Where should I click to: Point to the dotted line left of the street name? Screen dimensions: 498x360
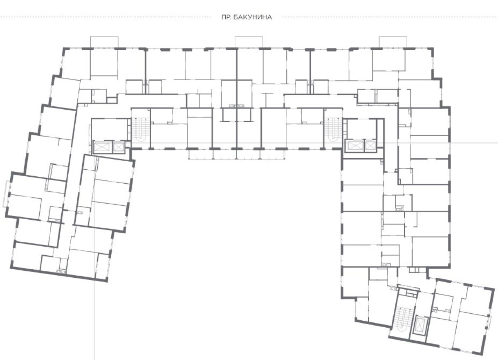click(105, 17)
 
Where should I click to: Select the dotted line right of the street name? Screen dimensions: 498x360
click(390, 17)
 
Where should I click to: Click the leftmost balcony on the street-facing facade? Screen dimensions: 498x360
click(104, 42)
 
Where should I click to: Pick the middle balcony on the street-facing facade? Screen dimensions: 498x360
click(249, 42)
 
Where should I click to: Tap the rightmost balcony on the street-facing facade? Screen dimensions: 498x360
click(393, 42)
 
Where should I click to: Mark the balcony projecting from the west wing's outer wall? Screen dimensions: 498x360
click(6, 194)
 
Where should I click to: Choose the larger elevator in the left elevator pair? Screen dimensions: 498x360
click(102, 147)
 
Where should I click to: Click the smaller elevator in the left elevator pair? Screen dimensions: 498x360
click(118, 147)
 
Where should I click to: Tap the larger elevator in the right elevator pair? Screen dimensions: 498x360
click(355, 146)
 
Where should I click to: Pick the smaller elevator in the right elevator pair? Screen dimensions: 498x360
click(370, 146)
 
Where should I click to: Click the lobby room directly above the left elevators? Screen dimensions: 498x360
click(110, 129)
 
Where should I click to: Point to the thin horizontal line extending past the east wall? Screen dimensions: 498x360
click(474, 143)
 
